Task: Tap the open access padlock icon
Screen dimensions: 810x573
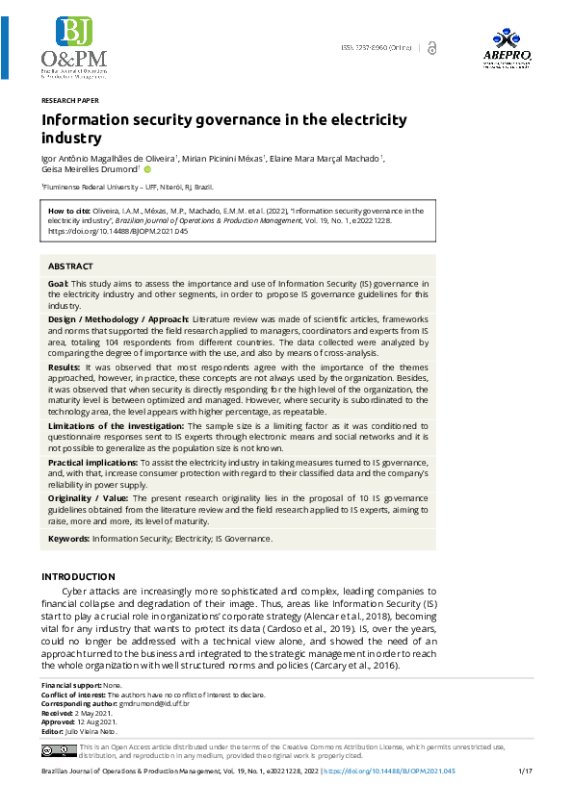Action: pyautogui.click(x=432, y=47)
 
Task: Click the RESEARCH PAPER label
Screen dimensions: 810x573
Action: pyautogui.click(x=69, y=100)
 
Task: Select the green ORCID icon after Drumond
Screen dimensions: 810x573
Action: pyautogui.click(x=147, y=169)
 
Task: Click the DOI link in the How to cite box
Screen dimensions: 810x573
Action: pyautogui.click(x=117, y=232)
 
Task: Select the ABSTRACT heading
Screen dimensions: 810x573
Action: pyautogui.click(x=70, y=266)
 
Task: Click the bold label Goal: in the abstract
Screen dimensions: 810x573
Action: pyautogui.click(x=58, y=285)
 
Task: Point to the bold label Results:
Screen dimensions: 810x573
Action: pyautogui.click(x=65, y=367)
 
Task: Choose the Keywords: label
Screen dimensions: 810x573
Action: pyautogui.click(x=69, y=539)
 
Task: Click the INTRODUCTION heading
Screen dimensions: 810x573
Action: pyautogui.click(x=78, y=576)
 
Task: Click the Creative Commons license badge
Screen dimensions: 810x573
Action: pyautogui.click(x=58, y=750)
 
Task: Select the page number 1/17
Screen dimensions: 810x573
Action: pyautogui.click(x=525, y=772)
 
